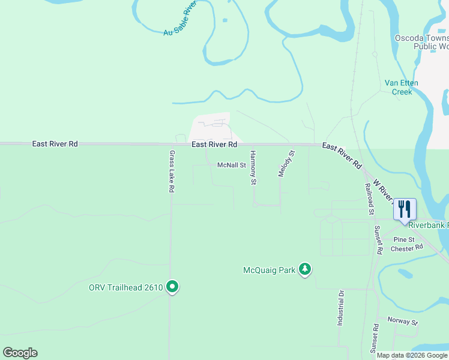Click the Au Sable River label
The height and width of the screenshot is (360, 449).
coord(180,19)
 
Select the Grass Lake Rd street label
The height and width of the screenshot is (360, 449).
coord(172,171)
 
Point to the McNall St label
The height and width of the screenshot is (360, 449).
coord(232,165)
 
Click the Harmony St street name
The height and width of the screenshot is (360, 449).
coord(253,167)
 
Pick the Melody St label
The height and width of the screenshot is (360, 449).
coord(287,163)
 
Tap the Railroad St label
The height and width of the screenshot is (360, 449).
coord(369,199)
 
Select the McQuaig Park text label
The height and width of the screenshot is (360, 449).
coord(269,270)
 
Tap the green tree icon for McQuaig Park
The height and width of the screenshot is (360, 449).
coord(306,270)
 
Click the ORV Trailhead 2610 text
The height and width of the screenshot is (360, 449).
coord(126,287)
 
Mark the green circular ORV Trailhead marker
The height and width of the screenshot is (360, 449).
coord(172,287)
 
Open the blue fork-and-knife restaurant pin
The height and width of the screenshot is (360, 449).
coord(405,209)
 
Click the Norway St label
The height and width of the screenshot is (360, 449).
coord(402,321)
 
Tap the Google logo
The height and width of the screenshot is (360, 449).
coord(20,353)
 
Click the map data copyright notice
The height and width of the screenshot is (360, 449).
coord(412,355)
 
